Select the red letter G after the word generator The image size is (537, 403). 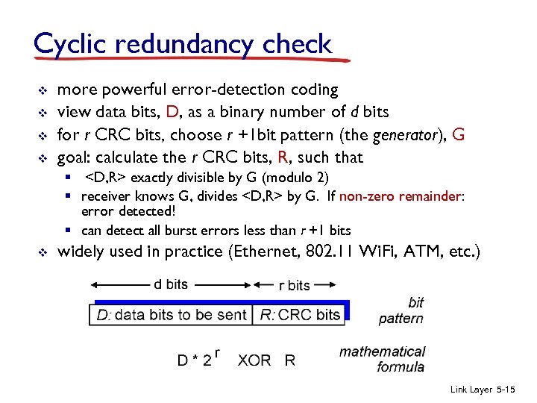click(x=459, y=134)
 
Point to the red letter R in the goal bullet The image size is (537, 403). click(x=283, y=157)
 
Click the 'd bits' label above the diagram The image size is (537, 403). click(x=171, y=284)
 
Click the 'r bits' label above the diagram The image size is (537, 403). click(x=294, y=285)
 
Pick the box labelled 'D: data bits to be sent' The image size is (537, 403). click(x=172, y=314)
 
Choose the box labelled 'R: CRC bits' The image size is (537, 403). click(x=300, y=314)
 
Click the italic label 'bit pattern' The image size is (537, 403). click(x=402, y=310)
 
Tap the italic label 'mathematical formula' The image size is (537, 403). click(x=382, y=358)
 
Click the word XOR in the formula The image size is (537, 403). click(x=254, y=360)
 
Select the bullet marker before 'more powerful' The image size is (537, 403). click(x=43, y=90)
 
